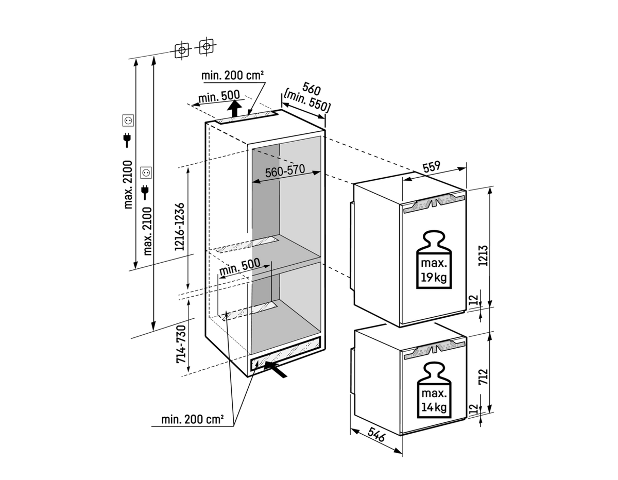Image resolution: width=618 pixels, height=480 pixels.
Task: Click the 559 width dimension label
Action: (432, 167)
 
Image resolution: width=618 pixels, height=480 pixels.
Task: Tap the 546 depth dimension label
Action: (376, 434)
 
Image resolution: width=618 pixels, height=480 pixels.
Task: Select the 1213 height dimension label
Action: (483, 255)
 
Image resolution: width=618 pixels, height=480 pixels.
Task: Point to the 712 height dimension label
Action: (483, 376)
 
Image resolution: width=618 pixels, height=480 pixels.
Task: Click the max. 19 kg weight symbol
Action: (434, 260)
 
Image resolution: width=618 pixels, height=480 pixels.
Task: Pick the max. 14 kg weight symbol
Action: (434, 390)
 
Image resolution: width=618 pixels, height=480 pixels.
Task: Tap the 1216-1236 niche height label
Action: (180, 227)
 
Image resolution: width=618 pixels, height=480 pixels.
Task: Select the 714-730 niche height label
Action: (181, 344)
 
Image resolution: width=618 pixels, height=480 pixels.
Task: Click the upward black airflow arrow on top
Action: (234, 108)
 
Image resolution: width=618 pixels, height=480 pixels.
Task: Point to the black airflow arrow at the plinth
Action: (275, 369)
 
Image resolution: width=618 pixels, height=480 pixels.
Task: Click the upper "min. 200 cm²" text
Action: (232, 75)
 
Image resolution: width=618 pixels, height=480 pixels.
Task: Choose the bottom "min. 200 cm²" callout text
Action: (192, 419)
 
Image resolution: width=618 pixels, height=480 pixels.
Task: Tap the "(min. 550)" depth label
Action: (307, 101)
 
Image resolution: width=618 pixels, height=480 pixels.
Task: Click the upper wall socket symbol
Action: (128, 121)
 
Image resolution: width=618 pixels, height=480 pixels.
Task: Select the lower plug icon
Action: (145, 192)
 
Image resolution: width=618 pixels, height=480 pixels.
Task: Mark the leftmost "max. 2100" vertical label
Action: (128, 184)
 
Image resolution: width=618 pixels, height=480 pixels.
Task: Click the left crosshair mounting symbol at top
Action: (182, 50)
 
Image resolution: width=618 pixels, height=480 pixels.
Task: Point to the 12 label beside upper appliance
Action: (474, 300)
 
